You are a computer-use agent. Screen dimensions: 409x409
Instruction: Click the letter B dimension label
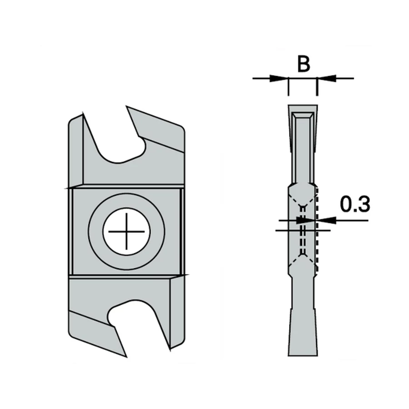(304, 64)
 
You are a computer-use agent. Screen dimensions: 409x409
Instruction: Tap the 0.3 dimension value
(355, 205)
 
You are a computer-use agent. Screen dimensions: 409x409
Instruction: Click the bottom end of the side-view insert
(303, 354)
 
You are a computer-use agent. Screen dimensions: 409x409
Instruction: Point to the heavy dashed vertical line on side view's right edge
(317, 232)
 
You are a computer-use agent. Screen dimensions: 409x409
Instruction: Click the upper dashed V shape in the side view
(302, 200)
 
